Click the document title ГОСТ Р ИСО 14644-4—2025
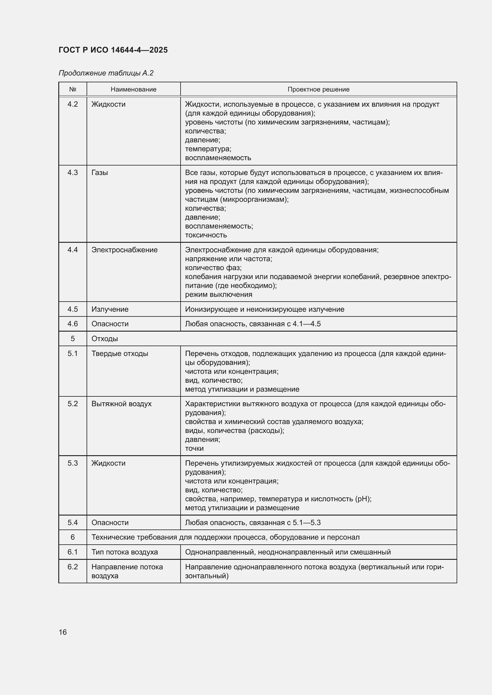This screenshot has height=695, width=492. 113,50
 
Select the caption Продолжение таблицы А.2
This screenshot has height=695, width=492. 106,73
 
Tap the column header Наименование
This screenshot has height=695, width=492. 133,89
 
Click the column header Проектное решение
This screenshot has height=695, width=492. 318,89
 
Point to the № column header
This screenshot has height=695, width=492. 73,89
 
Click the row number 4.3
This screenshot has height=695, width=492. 73,173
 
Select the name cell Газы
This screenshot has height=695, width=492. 100,173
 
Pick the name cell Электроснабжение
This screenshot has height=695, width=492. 125,250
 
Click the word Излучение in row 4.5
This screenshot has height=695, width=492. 110,309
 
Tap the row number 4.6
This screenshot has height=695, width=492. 73,324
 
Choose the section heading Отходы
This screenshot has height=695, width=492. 104,338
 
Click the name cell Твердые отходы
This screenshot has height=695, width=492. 120,353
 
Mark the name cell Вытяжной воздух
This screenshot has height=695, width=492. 121,404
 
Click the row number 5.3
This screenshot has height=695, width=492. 73,463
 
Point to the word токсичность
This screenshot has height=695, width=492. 206,235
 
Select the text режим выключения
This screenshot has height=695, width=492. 218,294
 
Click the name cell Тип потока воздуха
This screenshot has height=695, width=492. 125,552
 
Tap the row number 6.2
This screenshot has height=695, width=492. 73,567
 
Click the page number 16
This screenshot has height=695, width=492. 63,632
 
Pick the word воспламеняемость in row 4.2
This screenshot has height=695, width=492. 218,158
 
